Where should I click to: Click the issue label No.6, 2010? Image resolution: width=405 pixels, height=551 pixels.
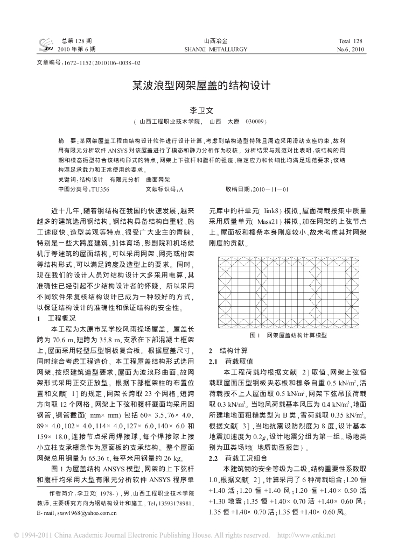(351, 49)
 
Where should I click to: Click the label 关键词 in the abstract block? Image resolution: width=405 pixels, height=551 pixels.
(67, 179)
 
